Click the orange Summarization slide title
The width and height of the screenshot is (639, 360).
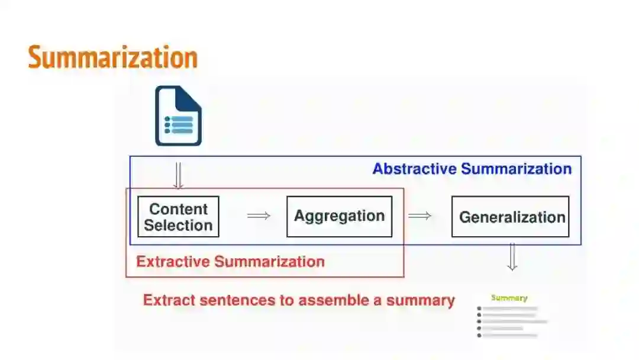pos(112,58)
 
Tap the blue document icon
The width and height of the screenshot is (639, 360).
pos(178,116)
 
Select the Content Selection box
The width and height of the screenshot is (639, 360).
pos(178,217)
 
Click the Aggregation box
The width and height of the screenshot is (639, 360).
pos(339,217)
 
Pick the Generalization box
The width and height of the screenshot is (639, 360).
pos(510,217)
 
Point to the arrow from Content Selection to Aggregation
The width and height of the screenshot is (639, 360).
pos(259,216)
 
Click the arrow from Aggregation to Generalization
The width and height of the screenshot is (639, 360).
pos(419,216)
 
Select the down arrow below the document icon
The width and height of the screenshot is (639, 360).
pos(178,175)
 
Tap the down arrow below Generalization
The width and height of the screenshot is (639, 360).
pos(512,257)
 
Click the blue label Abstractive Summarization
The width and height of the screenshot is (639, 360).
pos(472,169)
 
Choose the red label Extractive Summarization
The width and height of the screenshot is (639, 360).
pos(230,262)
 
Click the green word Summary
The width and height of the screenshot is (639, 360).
pos(509,298)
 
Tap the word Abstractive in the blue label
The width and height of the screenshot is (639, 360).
pos(414,169)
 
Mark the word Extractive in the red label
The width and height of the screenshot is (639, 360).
pos(173,262)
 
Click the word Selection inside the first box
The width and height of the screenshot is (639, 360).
pos(178,226)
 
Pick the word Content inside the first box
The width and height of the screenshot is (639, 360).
pos(178,209)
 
